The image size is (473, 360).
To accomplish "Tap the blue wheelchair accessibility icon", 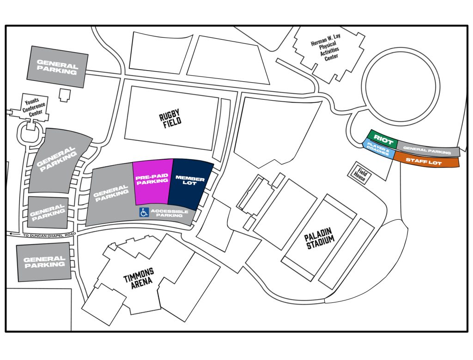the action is (144, 212).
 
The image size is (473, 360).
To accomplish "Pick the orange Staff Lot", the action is (426, 161).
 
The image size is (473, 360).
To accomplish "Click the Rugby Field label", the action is (170, 118).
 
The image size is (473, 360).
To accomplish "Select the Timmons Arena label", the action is (139, 278).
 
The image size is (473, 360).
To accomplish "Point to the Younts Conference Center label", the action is (34, 107).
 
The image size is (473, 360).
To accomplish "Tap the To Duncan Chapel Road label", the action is (49, 235).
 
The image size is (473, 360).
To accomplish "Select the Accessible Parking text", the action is (170, 213).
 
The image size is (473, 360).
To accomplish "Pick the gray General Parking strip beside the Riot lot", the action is (428, 149).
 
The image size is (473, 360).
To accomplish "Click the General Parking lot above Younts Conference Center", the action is (57, 67).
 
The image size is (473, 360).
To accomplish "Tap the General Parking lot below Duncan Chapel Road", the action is (44, 262).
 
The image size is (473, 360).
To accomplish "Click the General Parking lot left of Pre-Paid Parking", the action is (111, 194).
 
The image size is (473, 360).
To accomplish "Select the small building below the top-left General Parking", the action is (65, 95).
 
